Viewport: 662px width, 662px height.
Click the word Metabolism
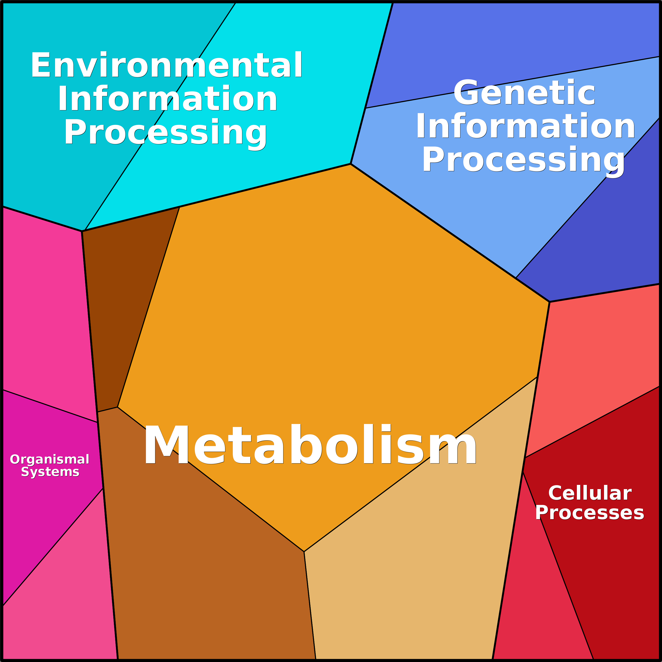[310, 444]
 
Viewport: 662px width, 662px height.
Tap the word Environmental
[167, 65]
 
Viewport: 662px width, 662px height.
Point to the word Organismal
[50, 459]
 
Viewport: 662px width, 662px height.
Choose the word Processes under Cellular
[589, 513]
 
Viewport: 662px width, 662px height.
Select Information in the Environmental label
[168, 98]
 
